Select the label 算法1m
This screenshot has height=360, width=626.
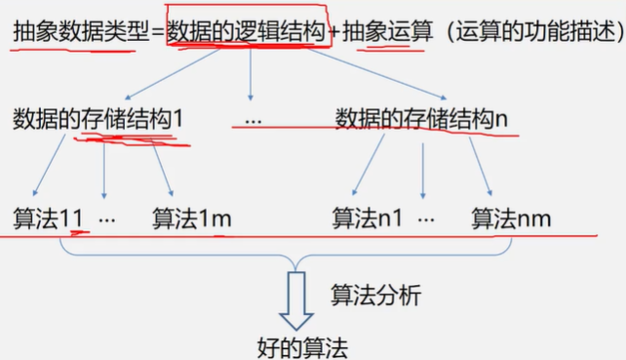[x=192, y=218]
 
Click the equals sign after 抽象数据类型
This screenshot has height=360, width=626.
[x=157, y=31]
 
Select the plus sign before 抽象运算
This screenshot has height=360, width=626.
[x=333, y=31]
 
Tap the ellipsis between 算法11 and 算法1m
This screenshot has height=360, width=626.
[x=107, y=219]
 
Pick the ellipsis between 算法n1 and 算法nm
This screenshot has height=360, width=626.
[x=426, y=219]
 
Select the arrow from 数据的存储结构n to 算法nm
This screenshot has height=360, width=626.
[x=481, y=166]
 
